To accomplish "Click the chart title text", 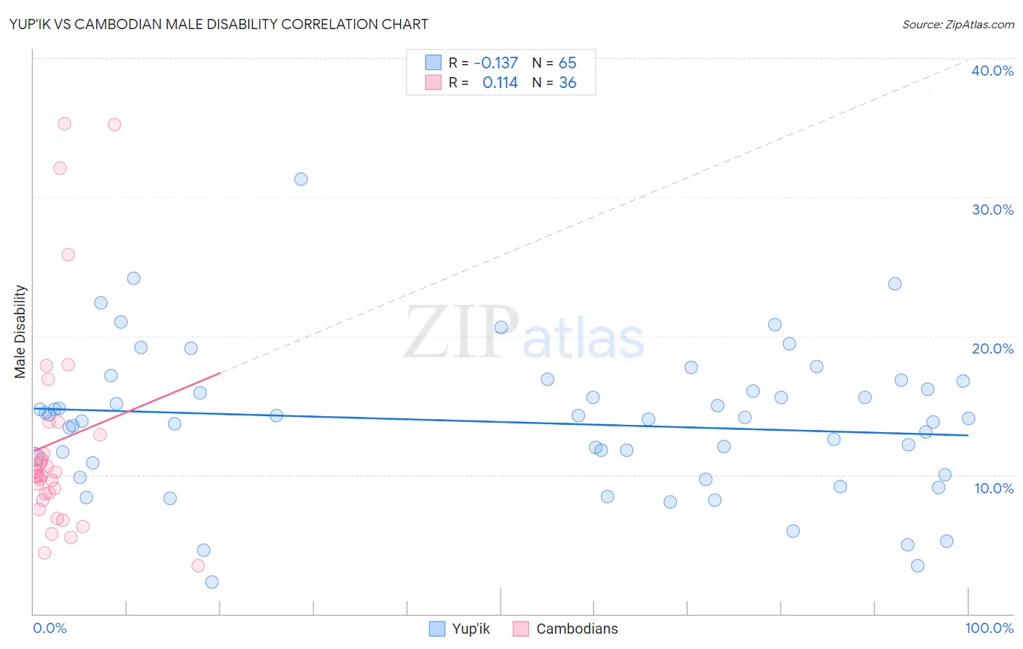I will coord(218,24).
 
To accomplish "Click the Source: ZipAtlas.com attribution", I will coord(958,24).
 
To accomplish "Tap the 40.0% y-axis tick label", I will coord(992,71).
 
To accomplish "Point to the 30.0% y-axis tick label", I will coord(992,210).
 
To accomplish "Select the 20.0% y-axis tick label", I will coord(992,349).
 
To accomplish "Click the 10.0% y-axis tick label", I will coord(994,488).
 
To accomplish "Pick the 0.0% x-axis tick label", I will coord(49,628).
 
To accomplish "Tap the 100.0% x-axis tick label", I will coord(990,628).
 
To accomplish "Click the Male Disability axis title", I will coord(20,332).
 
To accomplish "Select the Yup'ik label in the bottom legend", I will coord(471,629).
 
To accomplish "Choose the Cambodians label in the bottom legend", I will coord(577,629).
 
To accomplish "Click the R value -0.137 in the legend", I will coord(495,63).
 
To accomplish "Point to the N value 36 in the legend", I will coord(568,83).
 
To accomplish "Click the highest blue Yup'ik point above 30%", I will coord(301,179).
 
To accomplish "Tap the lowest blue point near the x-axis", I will coord(212,582).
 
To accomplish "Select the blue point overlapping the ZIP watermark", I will coord(501,327).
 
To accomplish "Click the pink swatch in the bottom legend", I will coord(520,629).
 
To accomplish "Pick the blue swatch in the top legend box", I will coord(433,63).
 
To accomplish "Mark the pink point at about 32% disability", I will coord(60,168).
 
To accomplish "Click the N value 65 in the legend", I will coord(568,63).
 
